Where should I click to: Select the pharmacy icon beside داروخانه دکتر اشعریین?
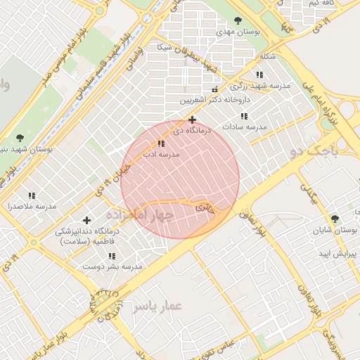[215, 89]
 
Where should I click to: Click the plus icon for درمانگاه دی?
[192, 120]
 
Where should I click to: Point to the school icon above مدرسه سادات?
[244, 116]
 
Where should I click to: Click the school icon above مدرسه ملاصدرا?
[32, 195]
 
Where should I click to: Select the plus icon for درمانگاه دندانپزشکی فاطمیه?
[87, 221]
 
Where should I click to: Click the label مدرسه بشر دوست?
[112, 266]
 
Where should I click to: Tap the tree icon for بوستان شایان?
[335, 219]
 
